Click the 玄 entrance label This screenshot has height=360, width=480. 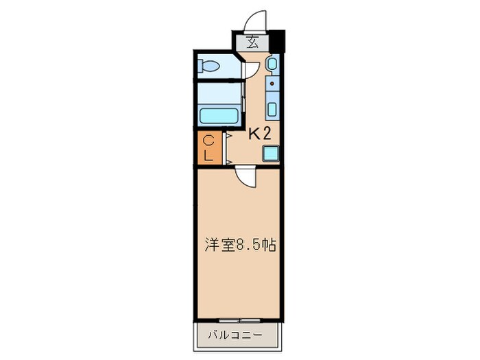pos(252,42)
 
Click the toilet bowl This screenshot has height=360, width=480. pos(209,66)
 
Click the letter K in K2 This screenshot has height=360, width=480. pos(253,134)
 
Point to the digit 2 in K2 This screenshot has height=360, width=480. pos(265,134)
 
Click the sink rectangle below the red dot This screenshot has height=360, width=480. pos(272,108)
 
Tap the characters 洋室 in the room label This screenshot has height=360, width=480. pos(220,244)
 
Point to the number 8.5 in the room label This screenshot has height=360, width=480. pos(249,244)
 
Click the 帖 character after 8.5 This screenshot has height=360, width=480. pos(269,244)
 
